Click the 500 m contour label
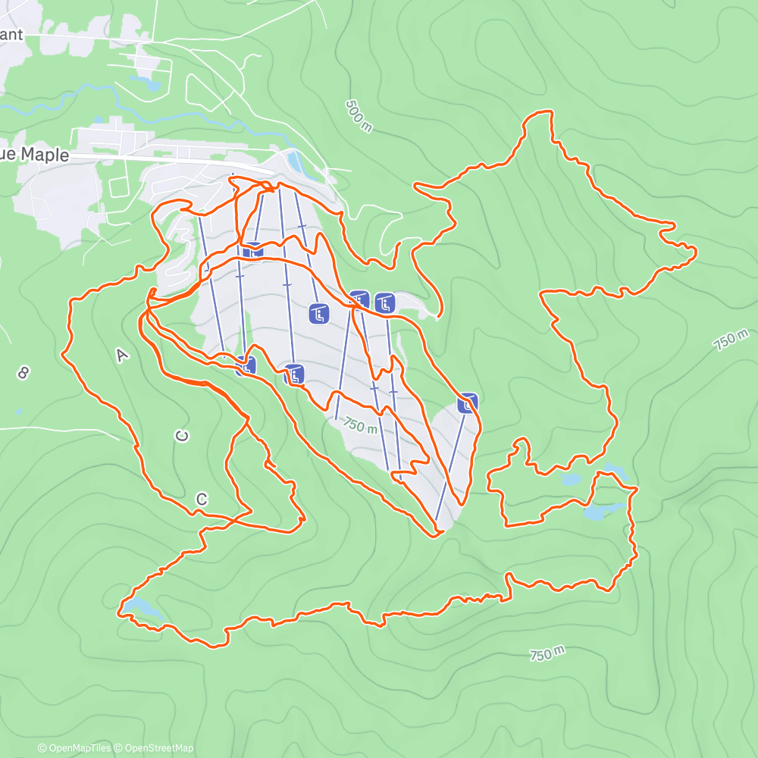pos(359,116)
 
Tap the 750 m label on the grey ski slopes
pos(359,425)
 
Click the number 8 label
pos(23,372)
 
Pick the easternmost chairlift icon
pos(468,403)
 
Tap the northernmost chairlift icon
pos(253,249)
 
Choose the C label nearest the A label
pos(181,436)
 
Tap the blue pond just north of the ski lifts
pos(296,161)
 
